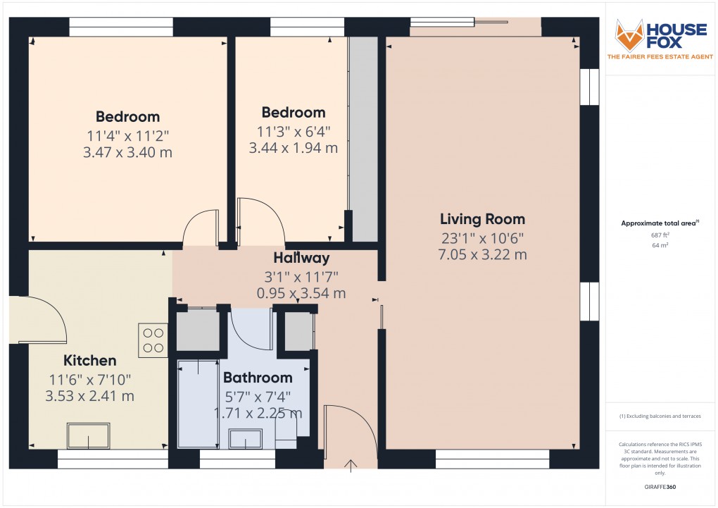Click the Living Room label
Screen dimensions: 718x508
[482, 219]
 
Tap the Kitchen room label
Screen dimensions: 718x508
[90, 360]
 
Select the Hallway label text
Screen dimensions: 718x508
[301, 258]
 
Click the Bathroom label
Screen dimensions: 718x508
[258, 378]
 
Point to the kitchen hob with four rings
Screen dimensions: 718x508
[153, 340]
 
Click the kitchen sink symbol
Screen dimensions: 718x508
[89, 435]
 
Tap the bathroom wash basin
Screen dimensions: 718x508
[246, 439]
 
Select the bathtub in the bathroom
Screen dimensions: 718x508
[198, 404]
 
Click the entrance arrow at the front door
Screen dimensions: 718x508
[351, 465]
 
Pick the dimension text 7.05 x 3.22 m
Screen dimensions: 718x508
[483, 254]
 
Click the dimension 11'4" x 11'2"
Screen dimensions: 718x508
[127, 136]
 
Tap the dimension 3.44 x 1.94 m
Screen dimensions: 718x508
[294, 148]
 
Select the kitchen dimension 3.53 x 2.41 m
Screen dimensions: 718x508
[90, 396]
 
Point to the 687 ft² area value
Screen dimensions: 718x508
[660, 235]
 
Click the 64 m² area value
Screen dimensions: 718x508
[660, 245]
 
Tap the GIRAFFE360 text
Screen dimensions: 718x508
[660, 487]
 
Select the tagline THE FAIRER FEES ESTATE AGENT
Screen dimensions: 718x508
[660, 57]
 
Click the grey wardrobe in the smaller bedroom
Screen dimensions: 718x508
[364, 139]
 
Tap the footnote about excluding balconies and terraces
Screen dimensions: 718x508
[660, 416]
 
